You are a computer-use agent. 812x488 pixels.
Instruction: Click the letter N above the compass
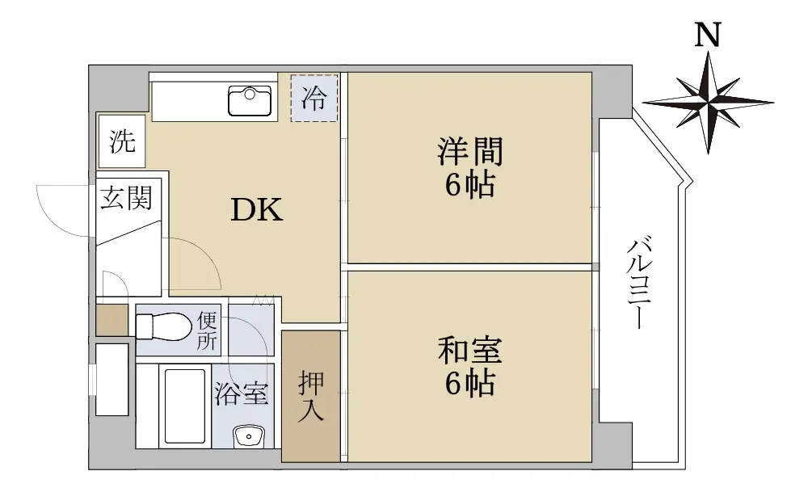(708, 36)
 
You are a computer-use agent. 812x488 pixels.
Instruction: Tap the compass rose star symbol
(709, 102)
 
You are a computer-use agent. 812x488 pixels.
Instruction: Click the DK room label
(257, 210)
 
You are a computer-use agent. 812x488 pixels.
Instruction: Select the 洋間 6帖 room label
(470, 166)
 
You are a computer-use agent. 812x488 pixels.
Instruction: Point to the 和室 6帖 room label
(470, 366)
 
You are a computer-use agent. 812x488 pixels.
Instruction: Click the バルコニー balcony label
(640, 283)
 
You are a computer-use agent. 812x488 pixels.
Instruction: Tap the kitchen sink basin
(250, 100)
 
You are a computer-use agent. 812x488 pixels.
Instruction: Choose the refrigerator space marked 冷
(314, 99)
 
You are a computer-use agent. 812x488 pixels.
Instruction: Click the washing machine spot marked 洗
(122, 141)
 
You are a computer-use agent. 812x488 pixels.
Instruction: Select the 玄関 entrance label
(127, 198)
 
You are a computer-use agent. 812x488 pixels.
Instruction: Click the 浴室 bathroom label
(242, 393)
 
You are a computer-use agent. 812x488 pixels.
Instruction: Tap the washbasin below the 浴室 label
(249, 437)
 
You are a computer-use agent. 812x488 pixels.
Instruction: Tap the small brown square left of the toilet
(111, 320)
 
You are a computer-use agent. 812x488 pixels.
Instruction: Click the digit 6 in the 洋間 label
(453, 184)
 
